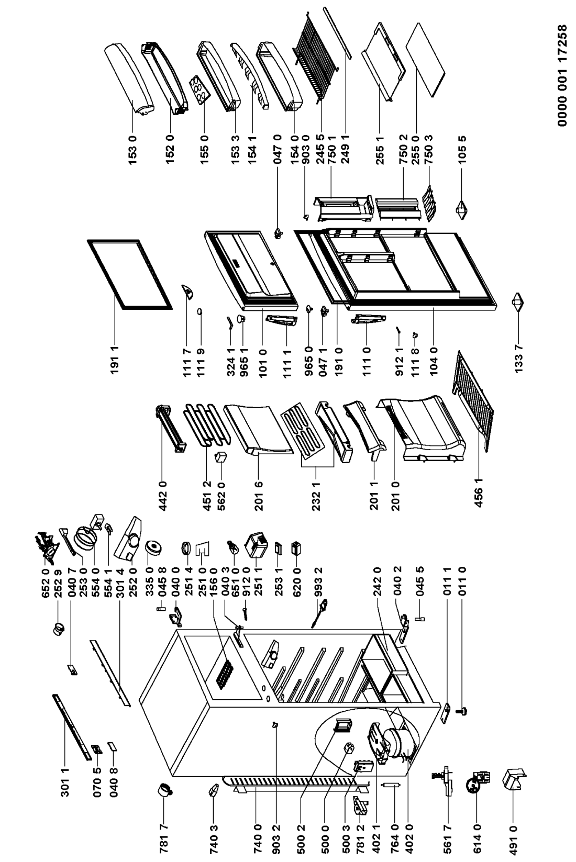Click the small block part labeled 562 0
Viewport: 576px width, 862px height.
point(220,458)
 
